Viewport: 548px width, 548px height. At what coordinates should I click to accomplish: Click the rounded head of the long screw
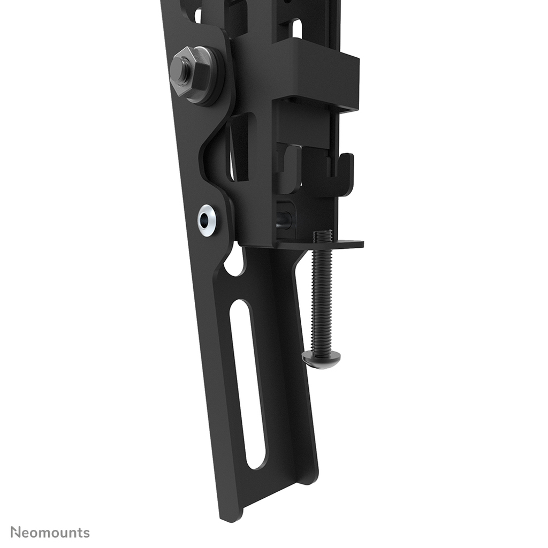pyautogui.click(x=321, y=359)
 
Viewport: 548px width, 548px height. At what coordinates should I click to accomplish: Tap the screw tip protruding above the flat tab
pyautogui.click(x=323, y=235)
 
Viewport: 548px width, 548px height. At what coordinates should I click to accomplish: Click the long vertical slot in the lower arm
pyautogui.click(x=247, y=383)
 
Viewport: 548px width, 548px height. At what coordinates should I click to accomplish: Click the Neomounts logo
pyautogui.click(x=50, y=532)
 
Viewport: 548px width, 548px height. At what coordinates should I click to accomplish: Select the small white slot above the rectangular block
pyautogui.click(x=296, y=27)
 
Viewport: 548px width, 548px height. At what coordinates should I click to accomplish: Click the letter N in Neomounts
pyautogui.click(x=16, y=532)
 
